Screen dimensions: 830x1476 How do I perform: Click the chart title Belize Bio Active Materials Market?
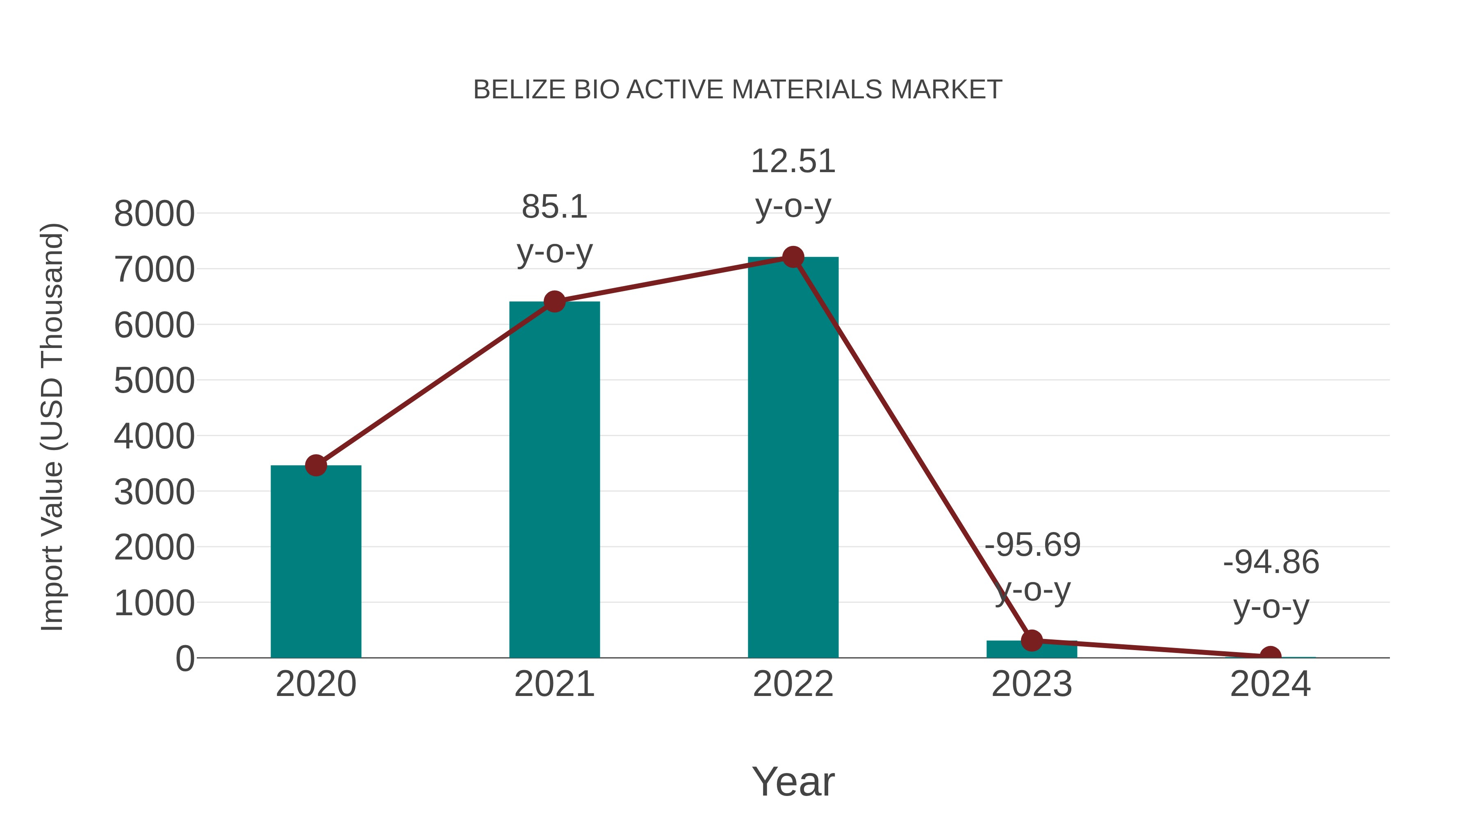point(738,90)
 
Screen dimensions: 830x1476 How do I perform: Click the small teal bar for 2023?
point(1032,650)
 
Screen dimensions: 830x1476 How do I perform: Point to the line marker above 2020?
point(316,465)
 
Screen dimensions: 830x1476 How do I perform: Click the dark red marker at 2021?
point(554,301)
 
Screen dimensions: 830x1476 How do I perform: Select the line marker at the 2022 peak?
point(793,257)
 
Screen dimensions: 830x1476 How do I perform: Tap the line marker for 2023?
point(1032,640)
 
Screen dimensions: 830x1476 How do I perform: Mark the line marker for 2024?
point(1270,656)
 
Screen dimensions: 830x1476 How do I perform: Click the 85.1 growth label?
point(554,207)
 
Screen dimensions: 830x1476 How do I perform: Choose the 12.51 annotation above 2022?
point(793,161)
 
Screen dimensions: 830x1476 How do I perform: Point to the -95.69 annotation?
point(1032,545)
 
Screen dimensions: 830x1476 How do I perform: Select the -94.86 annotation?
point(1271,562)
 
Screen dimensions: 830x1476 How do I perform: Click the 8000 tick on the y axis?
point(154,214)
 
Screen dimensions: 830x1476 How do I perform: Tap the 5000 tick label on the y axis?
point(154,381)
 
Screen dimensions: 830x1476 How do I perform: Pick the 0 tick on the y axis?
point(185,659)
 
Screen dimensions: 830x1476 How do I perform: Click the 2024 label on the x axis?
point(1270,684)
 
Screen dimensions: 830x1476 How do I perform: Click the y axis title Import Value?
point(53,427)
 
